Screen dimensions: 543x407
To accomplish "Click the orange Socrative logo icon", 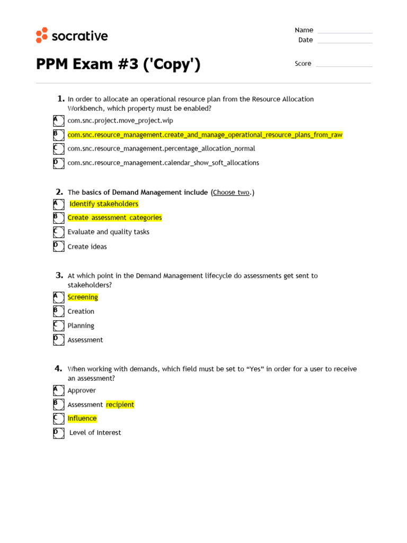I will click(42, 36).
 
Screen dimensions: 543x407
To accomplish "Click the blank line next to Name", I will click(344, 33).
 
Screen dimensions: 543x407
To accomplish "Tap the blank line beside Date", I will click(344, 42).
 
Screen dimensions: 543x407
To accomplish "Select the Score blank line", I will click(343, 66).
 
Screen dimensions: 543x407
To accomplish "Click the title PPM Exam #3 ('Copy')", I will click(118, 65).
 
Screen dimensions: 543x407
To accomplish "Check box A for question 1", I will click(58, 121).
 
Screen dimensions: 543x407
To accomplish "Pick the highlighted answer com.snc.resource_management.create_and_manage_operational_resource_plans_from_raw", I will click(205, 135).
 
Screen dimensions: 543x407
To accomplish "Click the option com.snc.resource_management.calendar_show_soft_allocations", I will click(163, 163).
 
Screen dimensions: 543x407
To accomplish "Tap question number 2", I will click(59, 192).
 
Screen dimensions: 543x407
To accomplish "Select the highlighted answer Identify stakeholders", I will click(104, 204).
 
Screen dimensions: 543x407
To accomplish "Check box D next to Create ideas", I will click(58, 246).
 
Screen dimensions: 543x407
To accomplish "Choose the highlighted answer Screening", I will click(83, 297).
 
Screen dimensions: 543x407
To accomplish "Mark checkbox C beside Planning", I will click(58, 326).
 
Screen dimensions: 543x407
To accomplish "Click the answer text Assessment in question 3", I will click(85, 340).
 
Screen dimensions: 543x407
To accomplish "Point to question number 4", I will click(58, 369).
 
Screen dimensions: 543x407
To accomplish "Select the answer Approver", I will click(82, 390).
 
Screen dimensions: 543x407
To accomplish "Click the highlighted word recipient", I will click(120, 405).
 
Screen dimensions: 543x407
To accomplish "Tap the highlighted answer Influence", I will click(82, 418).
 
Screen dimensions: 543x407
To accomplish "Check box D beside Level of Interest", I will click(58, 433).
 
